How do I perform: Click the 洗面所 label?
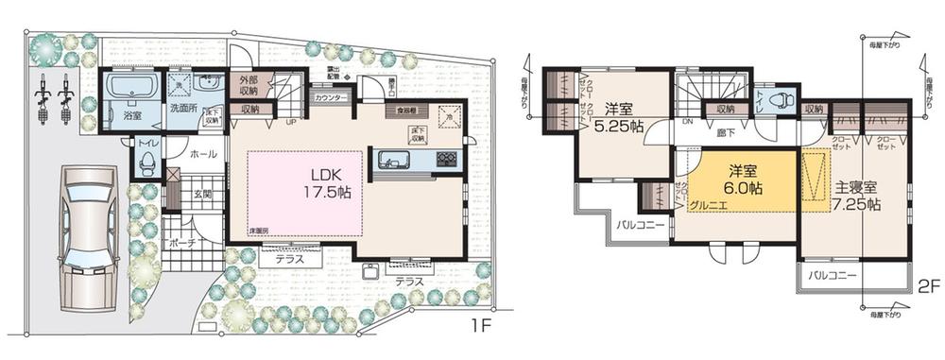(x=183, y=109)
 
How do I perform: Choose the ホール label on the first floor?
(x=203, y=153)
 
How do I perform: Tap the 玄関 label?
(x=203, y=196)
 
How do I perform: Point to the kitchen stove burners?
(x=445, y=159)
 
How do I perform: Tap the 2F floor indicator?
(x=928, y=284)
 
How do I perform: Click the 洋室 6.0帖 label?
(x=744, y=180)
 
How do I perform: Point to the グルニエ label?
(x=708, y=203)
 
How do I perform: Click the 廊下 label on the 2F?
(x=724, y=135)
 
